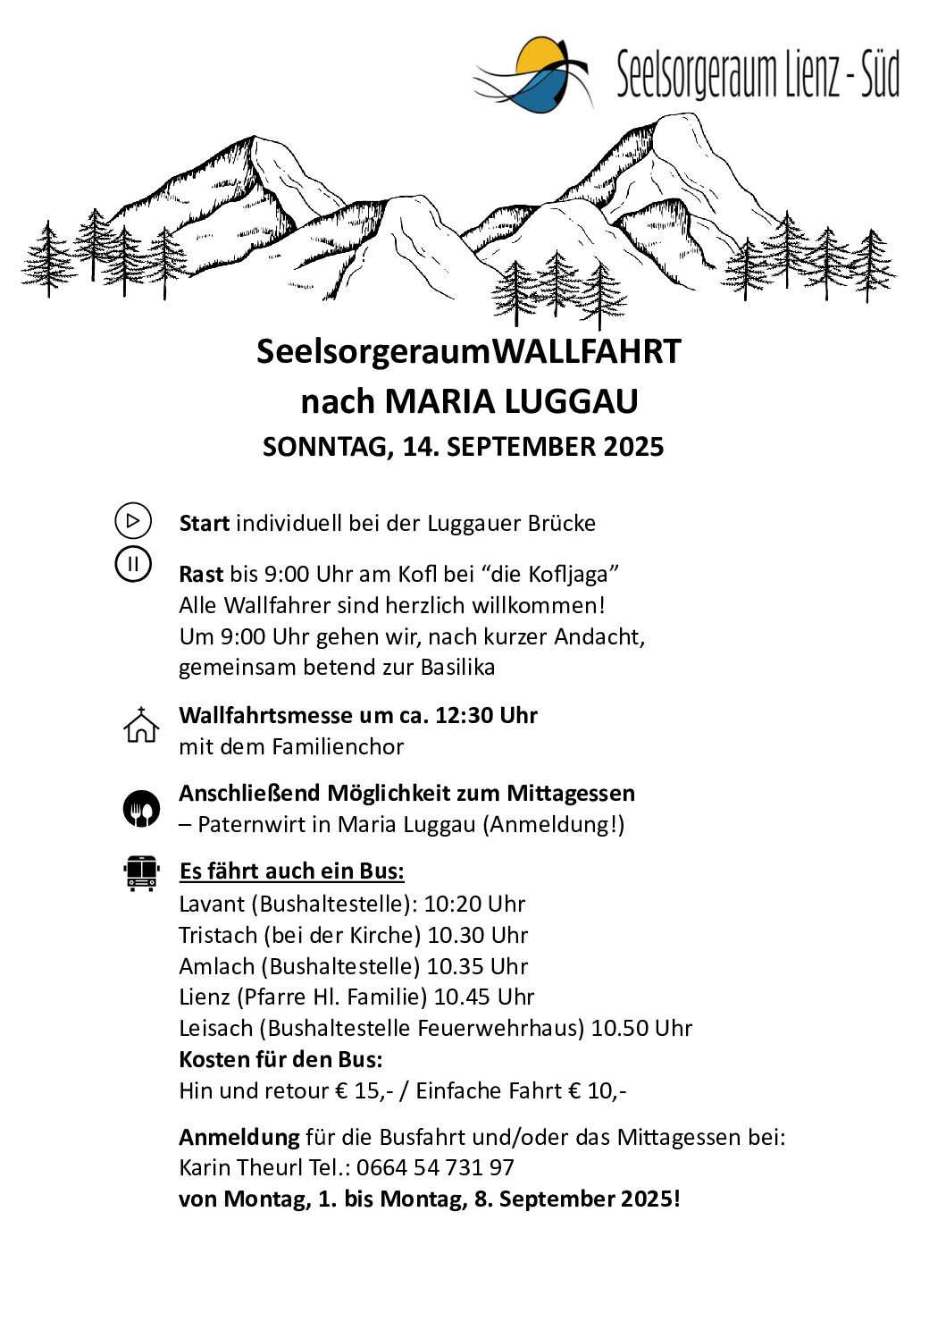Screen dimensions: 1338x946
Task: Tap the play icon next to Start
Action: pyautogui.click(x=133, y=520)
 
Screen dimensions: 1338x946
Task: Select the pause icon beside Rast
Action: pyautogui.click(x=133, y=564)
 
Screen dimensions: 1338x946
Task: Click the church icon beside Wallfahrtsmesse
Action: pyautogui.click(x=140, y=725)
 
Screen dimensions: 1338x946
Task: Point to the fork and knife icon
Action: pyautogui.click(x=141, y=809)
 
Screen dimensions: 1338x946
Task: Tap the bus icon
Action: pyautogui.click(x=141, y=873)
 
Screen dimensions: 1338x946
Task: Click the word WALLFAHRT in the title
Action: pyautogui.click(x=587, y=351)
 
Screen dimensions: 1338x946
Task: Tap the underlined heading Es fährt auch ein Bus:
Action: pyautogui.click(x=291, y=871)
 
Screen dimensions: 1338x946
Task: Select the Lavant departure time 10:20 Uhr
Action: pyautogui.click(x=474, y=904)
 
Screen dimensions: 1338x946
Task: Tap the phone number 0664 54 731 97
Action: pyautogui.click(x=435, y=1167)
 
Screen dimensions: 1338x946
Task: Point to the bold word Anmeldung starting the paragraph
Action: pyautogui.click(x=239, y=1137)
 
